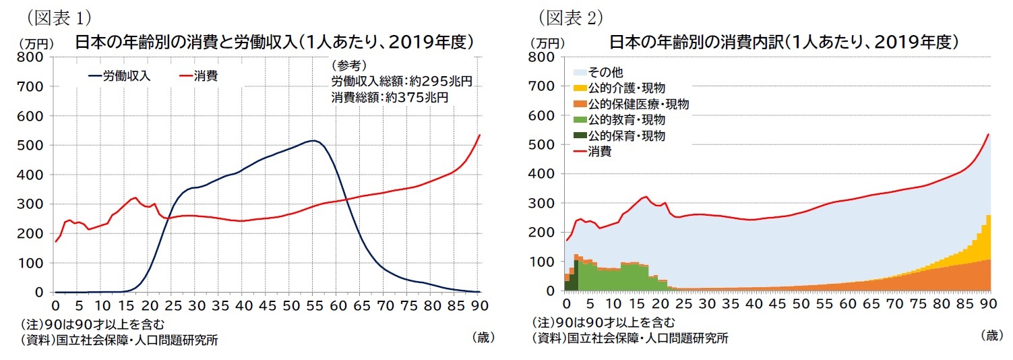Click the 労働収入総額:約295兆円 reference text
[x=401, y=82]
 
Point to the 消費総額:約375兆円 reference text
[x=390, y=97]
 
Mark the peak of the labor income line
[x=313, y=141]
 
